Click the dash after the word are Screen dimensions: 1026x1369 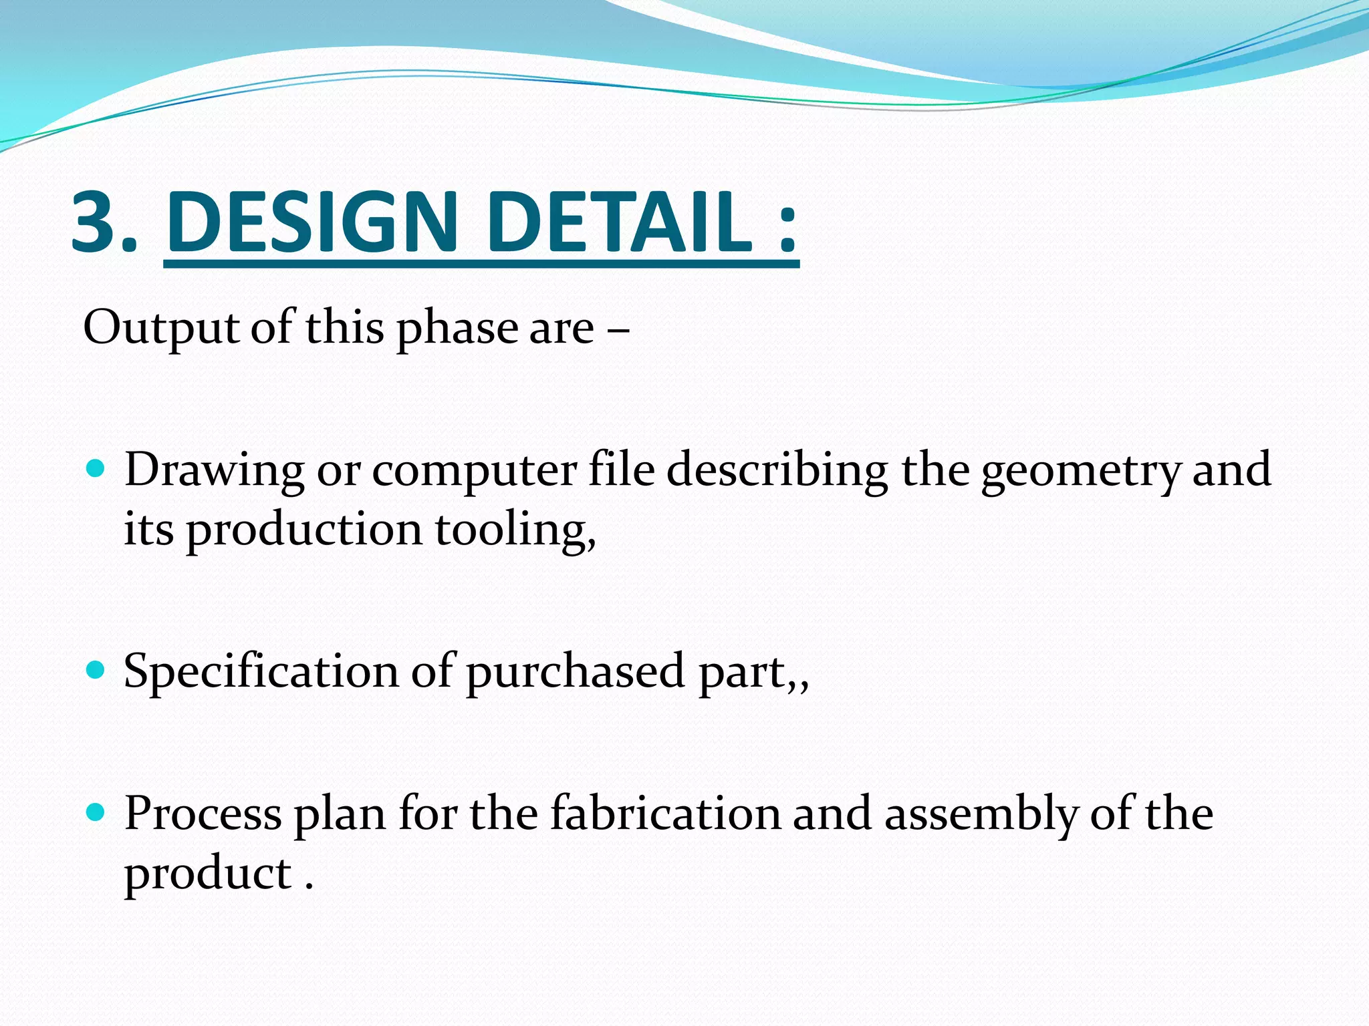[619, 329]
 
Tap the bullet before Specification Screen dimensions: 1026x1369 [96, 669]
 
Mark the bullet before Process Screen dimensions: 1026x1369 [96, 812]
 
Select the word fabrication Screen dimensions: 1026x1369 [666, 814]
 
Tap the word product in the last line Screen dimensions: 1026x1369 [208, 874]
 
